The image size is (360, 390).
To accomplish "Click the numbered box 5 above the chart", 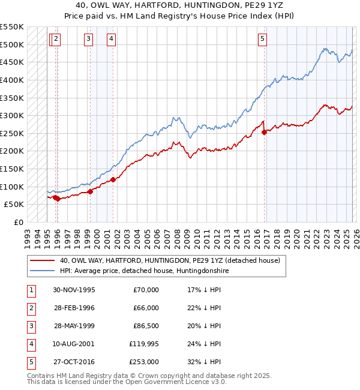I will [262, 40].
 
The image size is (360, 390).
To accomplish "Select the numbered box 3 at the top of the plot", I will [88, 40].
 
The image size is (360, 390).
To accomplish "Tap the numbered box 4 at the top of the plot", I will [111, 40].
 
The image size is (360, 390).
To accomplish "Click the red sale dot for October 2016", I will [265, 133].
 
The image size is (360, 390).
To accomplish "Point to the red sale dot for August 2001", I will [113, 179].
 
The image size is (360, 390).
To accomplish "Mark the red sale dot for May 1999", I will [91, 191].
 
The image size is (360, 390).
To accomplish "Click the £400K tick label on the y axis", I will [12, 80].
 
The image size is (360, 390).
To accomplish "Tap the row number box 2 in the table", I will [30, 308].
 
